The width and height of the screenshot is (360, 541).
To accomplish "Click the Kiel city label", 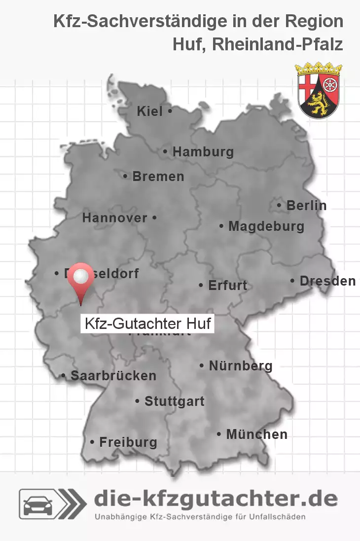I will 150,111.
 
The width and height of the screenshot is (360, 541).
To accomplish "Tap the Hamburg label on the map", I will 203,152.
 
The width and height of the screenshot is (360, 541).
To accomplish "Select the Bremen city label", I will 158,176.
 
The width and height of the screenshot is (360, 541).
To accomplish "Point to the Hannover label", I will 115,217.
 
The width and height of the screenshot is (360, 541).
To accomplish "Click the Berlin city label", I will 306,205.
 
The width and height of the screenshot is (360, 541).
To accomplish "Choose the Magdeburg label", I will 266,226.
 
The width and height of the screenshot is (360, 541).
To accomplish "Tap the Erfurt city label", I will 227,285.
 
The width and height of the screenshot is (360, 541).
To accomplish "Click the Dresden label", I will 327,281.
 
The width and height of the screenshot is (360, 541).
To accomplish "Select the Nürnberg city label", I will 241,366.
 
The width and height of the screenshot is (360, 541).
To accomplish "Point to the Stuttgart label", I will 174,401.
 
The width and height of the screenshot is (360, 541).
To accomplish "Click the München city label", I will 256,434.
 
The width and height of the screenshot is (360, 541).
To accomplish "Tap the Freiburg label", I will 128,442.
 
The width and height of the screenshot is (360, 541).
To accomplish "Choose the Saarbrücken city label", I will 113,375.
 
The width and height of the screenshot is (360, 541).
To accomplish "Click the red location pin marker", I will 80,279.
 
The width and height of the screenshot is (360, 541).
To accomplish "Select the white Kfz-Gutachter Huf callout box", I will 147,324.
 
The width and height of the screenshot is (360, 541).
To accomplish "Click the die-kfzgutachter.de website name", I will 216,499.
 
